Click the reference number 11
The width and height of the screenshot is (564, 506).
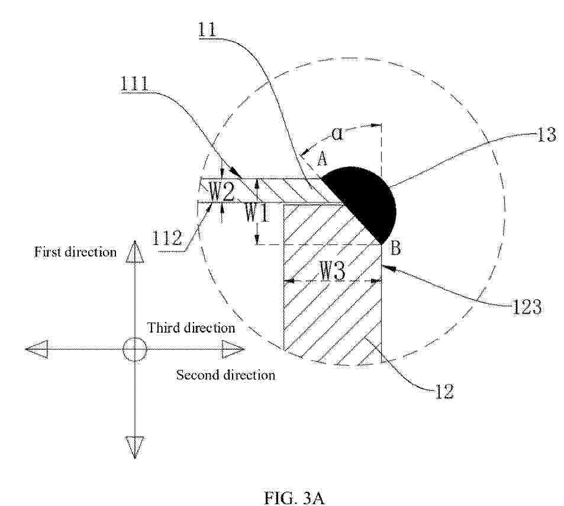click(x=208, y=29)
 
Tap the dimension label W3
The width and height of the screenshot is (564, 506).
click(x=333, y=273)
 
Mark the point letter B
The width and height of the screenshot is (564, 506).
click(x=395, y=249)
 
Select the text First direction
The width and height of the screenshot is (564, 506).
click(x=75, y=252)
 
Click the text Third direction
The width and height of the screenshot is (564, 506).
click(x=191, y=328)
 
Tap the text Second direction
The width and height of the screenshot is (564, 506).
click(x=225, y=375)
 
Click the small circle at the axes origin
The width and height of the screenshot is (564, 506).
click(x=134, y=350)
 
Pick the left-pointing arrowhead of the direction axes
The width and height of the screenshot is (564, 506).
click(x=37, y=349)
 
